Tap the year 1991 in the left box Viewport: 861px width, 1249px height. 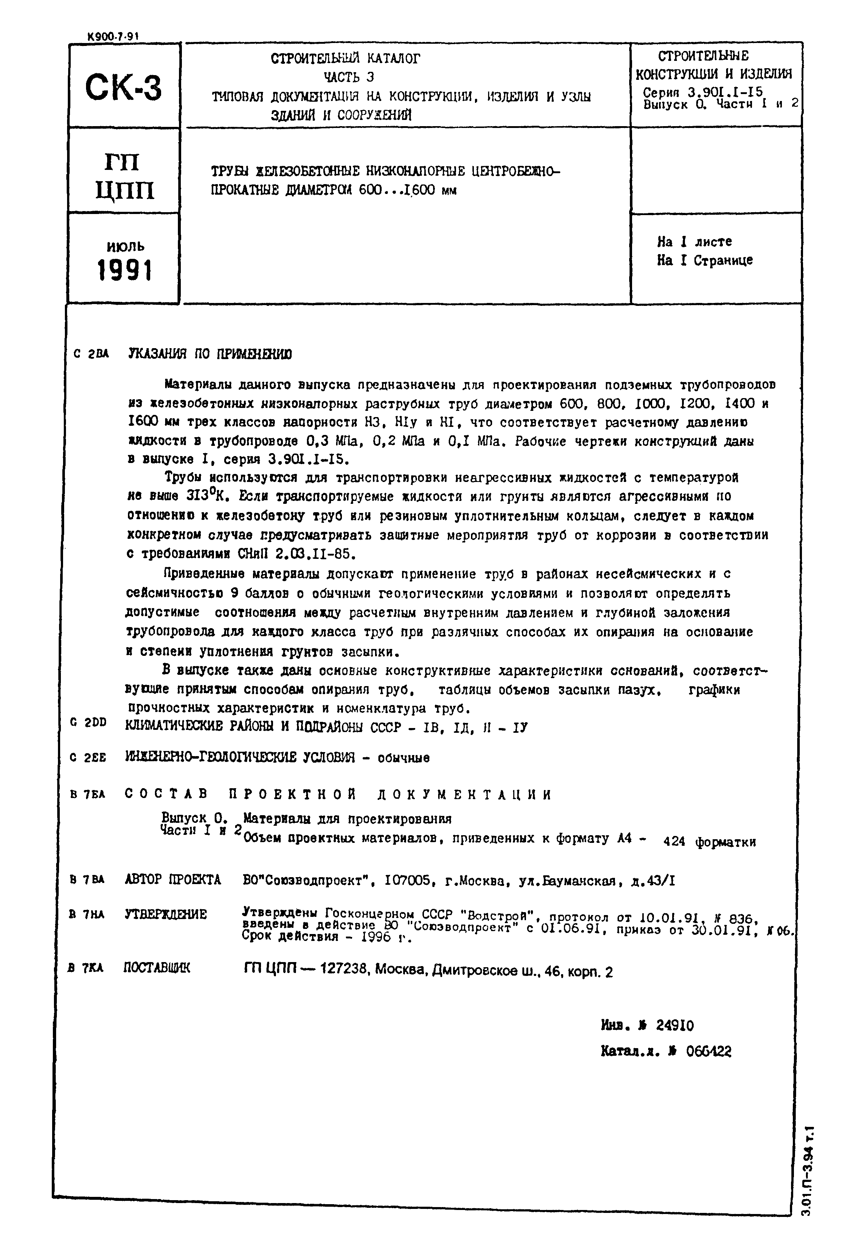click(125, 270)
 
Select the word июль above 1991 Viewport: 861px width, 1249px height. click(125, 246)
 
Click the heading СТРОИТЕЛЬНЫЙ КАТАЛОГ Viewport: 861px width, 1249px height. click(345, 58)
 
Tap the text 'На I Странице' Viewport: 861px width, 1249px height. click(705, 261)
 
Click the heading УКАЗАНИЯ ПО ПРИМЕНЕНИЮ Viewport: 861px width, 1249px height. click(210, 354)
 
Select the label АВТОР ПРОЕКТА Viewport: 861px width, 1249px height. click(173, 880)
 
